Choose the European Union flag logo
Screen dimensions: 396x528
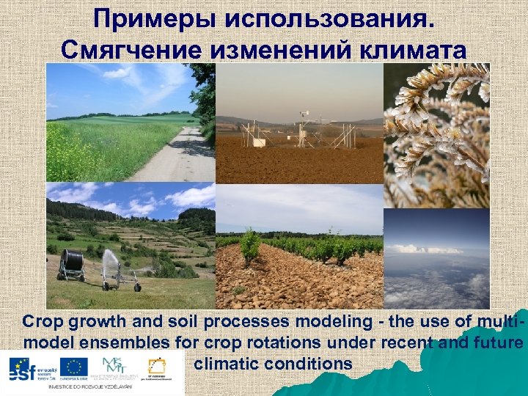click(x=74, y=366)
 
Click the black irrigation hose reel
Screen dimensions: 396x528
click(x=71, y=263)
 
